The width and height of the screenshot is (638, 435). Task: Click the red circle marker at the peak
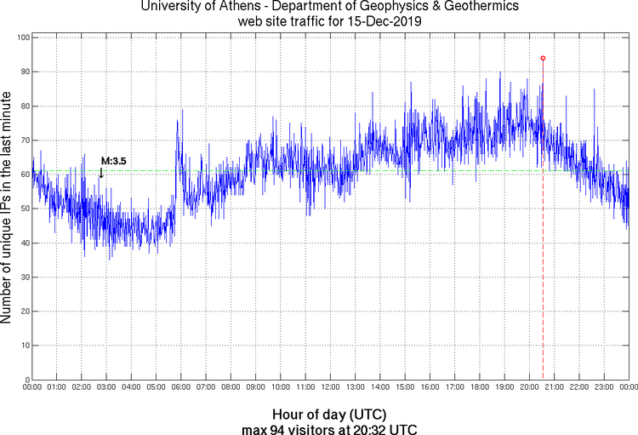[x=543, y=58]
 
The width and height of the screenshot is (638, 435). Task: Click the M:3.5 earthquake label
[x=113, y=161]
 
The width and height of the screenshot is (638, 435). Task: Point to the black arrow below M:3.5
[x=101, y=173]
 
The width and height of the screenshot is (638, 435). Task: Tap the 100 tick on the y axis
[x=23, y=38]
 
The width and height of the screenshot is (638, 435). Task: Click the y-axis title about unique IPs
[x=8, y=209]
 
